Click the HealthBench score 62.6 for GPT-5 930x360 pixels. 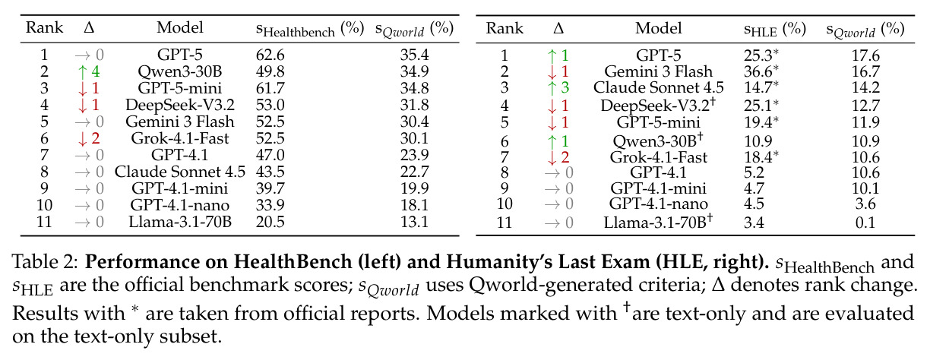[x=270, y=55]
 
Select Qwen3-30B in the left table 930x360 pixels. [x=180, y=72]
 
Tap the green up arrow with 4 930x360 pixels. [x=88, y=72]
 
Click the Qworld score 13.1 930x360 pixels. [x=414, y=222]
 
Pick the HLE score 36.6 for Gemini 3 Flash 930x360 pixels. [x=761, y=71]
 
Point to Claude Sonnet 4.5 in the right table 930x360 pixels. [x=659, y=87]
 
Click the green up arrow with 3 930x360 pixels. [x=558, y=87]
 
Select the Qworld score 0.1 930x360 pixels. [x=865, y=223]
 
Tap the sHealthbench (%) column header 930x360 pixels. [x=310, y=29]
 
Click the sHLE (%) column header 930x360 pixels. [x=775, y=30]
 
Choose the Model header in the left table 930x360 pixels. [x=180, y=27]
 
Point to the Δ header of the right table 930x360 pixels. [x=558, y=28]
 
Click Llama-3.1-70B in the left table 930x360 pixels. [x=180, y=222]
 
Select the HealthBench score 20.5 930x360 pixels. [x=270, y=222]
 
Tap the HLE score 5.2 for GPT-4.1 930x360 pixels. [x=754, y=172]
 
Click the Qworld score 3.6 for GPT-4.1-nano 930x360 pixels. [x=865, y=204]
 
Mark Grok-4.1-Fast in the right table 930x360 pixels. [x=659, y=157]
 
